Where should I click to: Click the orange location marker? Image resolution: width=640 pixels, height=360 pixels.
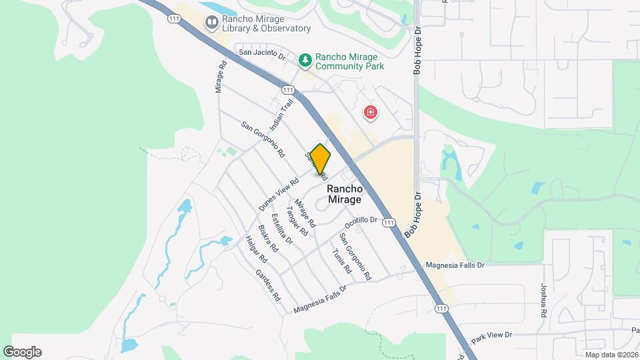[320, 159]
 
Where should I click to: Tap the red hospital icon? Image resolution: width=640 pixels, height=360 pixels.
[370, 113]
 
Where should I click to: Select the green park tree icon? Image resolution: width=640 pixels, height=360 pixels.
[305, 61]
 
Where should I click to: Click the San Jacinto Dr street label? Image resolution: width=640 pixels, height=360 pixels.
[262, 55]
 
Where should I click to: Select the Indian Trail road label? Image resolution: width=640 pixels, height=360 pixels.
[281, 115]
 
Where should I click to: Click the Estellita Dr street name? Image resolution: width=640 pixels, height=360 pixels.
[282, 229]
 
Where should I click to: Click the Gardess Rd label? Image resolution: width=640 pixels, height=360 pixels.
[267, 285]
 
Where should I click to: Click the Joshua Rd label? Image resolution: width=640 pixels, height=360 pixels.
[544, 301]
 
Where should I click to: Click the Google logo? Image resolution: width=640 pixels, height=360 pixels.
[22, 352]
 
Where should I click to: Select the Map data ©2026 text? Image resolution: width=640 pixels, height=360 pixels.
[611, 355]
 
